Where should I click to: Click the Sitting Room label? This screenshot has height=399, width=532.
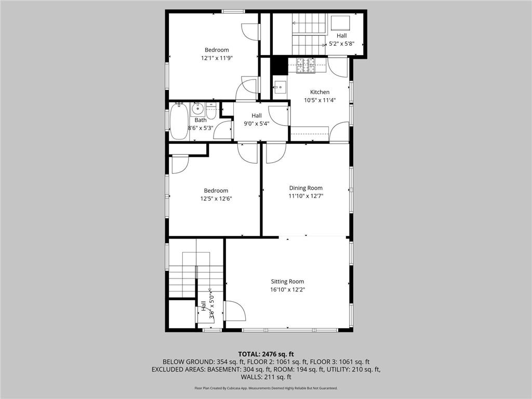point(287,282)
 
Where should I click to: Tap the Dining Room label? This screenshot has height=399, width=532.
point(305,188)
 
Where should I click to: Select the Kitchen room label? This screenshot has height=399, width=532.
point(320,92)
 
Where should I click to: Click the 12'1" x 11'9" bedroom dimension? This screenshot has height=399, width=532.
point(217,58)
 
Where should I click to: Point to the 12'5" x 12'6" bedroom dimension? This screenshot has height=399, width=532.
point(216,198)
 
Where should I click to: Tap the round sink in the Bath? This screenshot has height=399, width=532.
point(197,109)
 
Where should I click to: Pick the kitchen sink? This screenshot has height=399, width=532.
point(281,87)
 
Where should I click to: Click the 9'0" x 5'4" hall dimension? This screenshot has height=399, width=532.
point(257,124)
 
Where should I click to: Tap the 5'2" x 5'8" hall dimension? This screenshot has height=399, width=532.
point(341,44)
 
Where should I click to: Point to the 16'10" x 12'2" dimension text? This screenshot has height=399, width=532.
point(287,289)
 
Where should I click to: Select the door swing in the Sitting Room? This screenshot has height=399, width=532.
point(235,312)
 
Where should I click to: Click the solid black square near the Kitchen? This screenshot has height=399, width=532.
point(280,64)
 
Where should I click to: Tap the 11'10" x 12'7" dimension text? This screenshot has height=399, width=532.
point(305,196)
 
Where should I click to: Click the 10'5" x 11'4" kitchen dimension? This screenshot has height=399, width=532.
point(320,100)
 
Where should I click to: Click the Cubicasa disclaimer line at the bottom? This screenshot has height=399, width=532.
point(266,388)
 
